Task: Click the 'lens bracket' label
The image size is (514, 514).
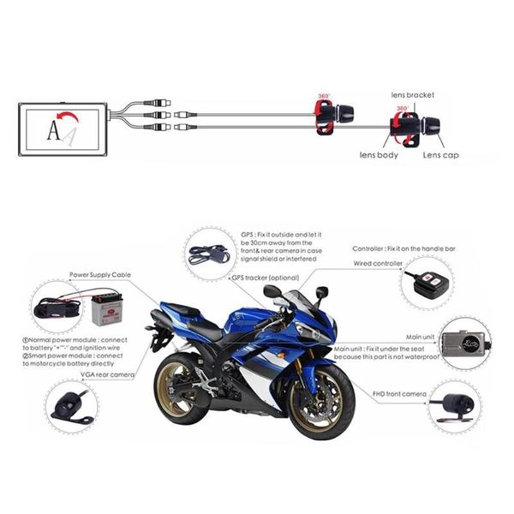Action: [x=414, y=94]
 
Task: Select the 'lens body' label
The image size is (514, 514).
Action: [x=378, y=155]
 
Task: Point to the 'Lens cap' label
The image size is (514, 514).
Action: [x=442, y=155]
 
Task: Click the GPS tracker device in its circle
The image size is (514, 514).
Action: [x=211, y=253]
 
